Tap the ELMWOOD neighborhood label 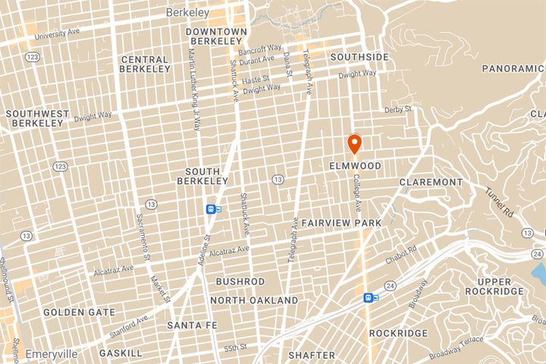355,165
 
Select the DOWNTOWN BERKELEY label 216,36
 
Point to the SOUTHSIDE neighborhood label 360,57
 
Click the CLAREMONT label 431,183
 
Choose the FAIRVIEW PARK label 340,224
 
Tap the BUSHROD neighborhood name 240,281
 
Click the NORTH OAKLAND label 254,300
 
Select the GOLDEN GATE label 79,312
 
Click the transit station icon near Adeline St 212,209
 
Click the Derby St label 397,108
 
